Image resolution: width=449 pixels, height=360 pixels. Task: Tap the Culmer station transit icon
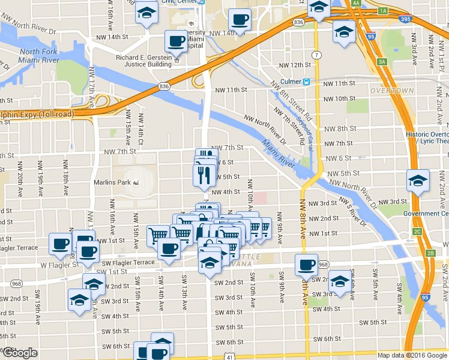pyautogui.click(x=306, y=82)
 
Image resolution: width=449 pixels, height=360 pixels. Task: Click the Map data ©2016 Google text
pyautogui.click(x=411, y=355)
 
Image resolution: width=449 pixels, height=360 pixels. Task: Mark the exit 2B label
pyautogui.click(x=430, y=253)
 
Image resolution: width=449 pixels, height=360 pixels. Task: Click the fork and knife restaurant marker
pyautogui.click(x=203, y=174)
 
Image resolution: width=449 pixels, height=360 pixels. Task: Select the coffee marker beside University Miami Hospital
pyautogui.click(x=176, y=41)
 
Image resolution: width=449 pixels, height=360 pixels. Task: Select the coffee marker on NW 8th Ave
pyautogui.click(x=306, y=263)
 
